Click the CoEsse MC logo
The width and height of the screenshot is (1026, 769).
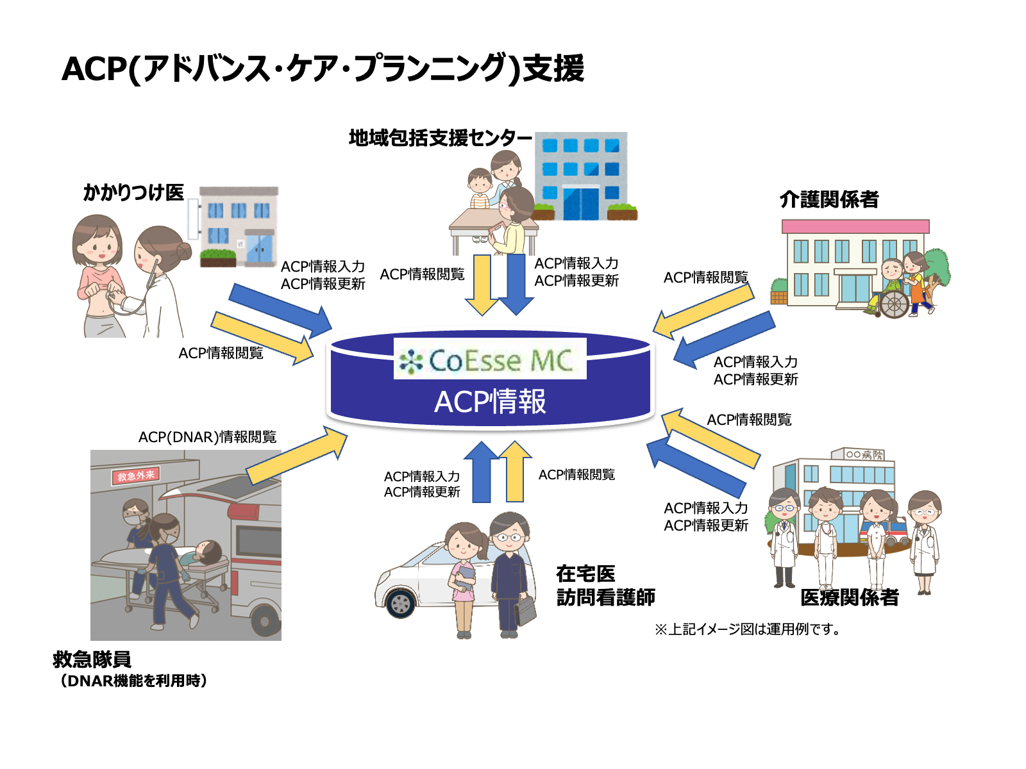[x=489, y=359]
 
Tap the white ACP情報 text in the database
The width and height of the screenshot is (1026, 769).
[x=490, y=402]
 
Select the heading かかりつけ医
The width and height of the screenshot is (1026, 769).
[x=133, y=192]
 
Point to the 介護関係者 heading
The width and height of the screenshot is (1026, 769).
[x=828, y=199]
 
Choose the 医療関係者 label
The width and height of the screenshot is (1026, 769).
[x=849, y=598]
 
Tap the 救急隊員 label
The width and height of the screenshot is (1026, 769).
[x=92, y=659]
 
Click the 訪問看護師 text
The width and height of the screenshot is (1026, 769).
[x=606, y=597]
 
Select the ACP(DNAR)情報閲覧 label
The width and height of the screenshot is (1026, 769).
[x=208, y=437]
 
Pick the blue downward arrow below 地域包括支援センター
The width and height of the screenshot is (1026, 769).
[x=516, y=285]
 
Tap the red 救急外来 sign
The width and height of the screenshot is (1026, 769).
[x=135, y=475]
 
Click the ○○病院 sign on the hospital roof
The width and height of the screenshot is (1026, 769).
[x=864, y=454]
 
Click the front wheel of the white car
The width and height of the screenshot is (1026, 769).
[x=401, y=604]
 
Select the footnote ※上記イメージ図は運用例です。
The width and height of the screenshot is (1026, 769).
[x=748, y=629]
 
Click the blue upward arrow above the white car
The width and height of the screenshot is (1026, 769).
[x=482, y=472]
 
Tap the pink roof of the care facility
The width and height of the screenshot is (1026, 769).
[x=855, y=226]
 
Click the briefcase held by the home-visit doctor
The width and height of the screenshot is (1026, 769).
[x=525, y=610]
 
